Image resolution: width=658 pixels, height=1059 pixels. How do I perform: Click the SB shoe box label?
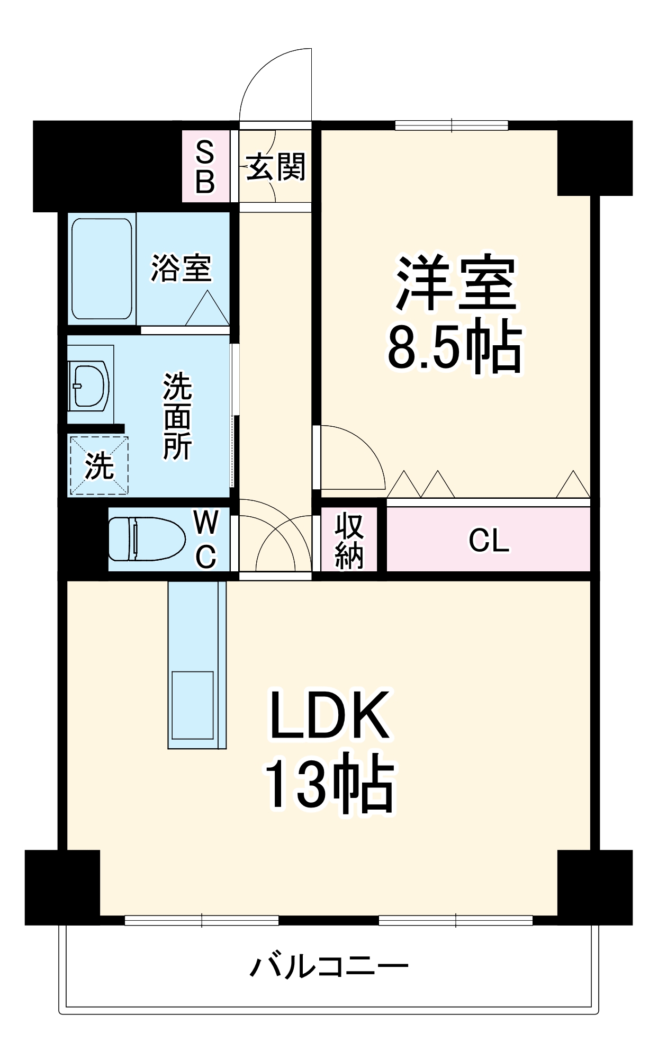pyautogui.click(x=205, y=167)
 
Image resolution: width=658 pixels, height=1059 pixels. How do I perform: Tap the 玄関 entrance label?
pyautogui.click(x=276, y=167)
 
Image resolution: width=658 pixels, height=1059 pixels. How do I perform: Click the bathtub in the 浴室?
pyautogui.click(x=102, y=268)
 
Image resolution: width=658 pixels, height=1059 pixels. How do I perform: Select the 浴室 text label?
pyautogui.click(x=182, y=268)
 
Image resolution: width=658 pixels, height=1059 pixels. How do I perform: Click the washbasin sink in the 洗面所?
pyautogui.click(x=90, y=385)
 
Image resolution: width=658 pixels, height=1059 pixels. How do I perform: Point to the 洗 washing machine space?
pyautogui.click(x=99, y=465)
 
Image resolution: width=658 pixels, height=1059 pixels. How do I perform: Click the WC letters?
pyautogui.click(x=205, y=540)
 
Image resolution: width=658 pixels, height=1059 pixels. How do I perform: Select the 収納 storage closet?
pyautogui.click(x=349, y=540)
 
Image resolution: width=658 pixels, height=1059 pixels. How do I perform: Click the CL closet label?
pyautogui.click(x=488, y=541)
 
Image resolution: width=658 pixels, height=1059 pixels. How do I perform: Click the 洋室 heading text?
pyautogui.click(x=456, y=284)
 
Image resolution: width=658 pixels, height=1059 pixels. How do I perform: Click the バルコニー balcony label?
pyautogui.click(x=329, y=967)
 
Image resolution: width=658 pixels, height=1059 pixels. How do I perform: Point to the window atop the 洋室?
pyautogui.click(x=452, y=125)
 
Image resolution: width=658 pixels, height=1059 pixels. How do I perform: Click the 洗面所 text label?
pyautogui.click(x=177, y=416)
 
